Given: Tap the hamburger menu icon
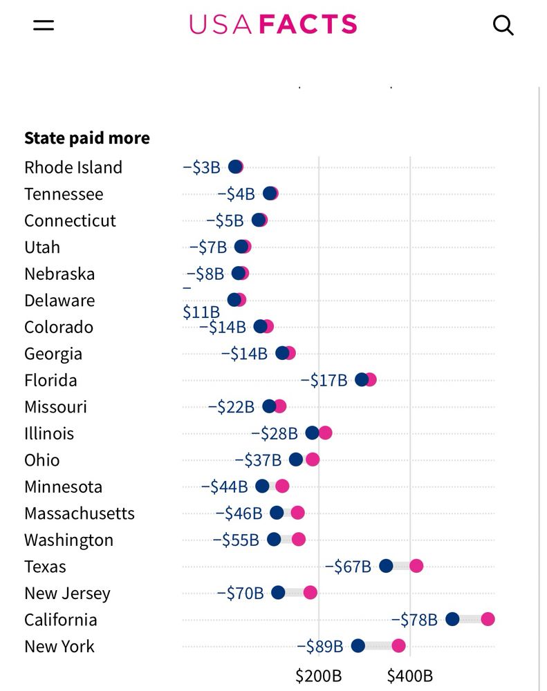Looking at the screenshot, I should click(x=43, y=26).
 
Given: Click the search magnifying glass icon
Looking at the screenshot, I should click(x=503, y=26).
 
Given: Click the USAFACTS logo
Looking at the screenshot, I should click(x=273, y=25).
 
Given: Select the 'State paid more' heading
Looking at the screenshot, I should click(x=87, y=138).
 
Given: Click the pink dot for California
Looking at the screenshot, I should click(x=488, y=619).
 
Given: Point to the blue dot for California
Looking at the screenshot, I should click(x=452, y=619).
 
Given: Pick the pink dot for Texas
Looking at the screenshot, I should click(x=416, y=566).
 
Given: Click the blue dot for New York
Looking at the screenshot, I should click(x=358, y=646).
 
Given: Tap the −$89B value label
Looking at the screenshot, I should click(x=319, y=647).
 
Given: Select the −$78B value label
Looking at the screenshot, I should click(x=414, y=620).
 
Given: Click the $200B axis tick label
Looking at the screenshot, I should click(x=318, y=675).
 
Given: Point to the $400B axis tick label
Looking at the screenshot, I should click(x=410, y=675).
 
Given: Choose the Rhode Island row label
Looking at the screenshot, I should click(x=73, y=167).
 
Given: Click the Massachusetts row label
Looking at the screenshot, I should click(x=80, y=513).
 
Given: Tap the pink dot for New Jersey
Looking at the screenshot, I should click(x=310, y=592).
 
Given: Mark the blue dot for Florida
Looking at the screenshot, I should click(x=361, y=379).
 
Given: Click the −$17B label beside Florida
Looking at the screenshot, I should click(x=324, y=380).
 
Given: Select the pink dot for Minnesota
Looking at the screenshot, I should click(x=282, y=486).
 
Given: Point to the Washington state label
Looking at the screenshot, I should click(x=68, y=540).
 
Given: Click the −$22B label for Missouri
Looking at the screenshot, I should click(x=231, y=407).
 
